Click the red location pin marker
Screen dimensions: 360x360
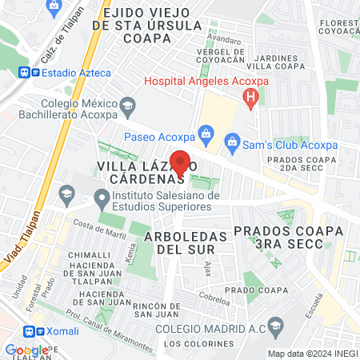[x=181, y=162]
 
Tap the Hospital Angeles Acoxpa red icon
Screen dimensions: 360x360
[x=251, y=98]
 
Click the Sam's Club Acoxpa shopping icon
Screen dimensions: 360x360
[x=233, y=145]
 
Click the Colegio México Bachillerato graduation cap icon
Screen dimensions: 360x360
[x=126, y=105]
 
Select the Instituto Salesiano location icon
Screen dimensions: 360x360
[x=101, y=197]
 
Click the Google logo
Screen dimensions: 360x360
[x=26, y=350]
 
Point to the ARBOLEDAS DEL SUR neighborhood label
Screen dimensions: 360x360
[x=181, y=242]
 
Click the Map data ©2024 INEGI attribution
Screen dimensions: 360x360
[x=312, y=353]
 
